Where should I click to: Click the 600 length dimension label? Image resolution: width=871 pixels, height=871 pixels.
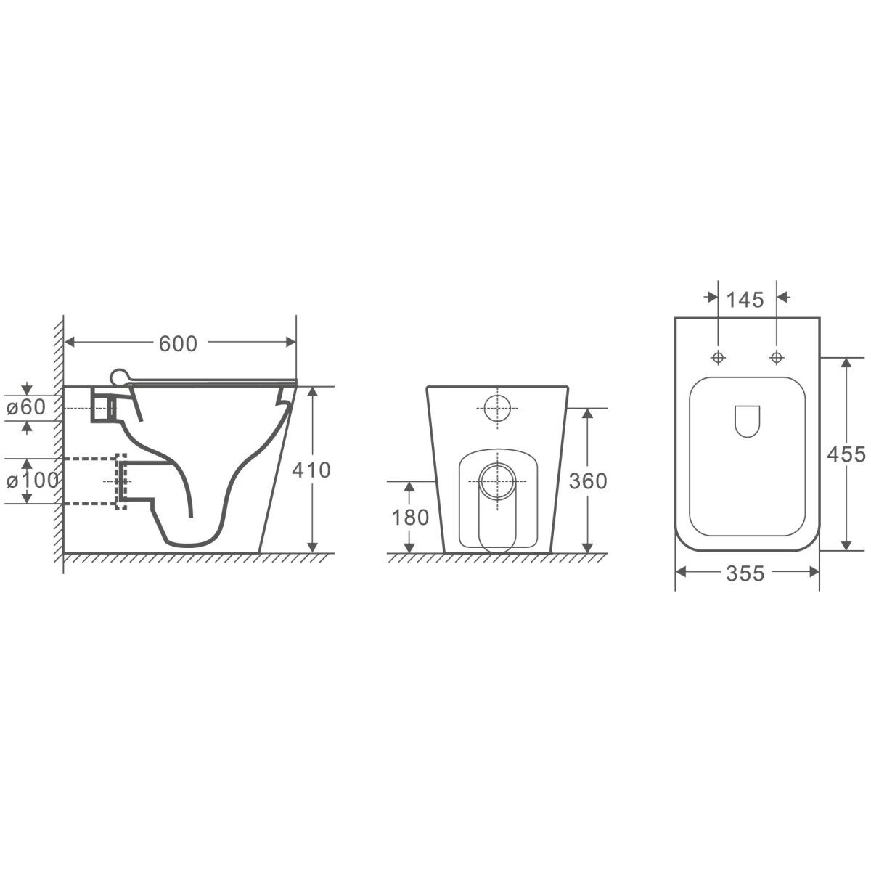[178, 344]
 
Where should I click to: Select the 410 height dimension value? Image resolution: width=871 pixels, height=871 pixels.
[311, 470]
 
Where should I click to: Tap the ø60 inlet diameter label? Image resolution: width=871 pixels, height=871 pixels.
[26, 407]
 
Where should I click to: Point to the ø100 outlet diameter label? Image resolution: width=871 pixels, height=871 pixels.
[32, 481]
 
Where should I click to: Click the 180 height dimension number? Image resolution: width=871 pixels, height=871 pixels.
[410, 518]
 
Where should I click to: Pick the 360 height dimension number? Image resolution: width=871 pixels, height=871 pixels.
[588, 481]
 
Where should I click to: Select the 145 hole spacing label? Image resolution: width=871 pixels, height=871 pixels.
[745, 300]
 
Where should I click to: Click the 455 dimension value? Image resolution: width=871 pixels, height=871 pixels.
[846, 454]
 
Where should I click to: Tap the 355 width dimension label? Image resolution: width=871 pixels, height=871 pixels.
[745, 573]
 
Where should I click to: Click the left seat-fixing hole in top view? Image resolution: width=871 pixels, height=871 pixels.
[719, 358]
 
